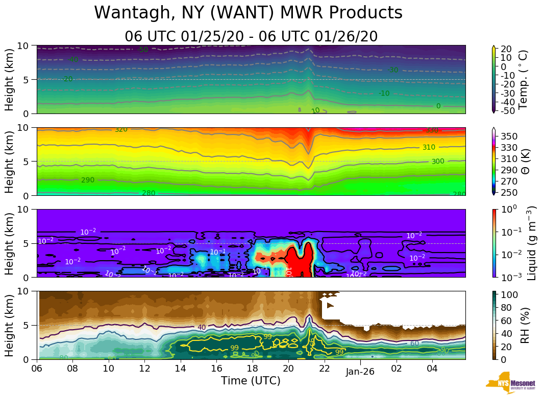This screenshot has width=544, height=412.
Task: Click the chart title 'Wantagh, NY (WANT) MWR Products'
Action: [249, 13]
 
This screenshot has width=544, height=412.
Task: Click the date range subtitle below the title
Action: [251, 36]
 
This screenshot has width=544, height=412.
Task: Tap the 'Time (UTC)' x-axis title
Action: [251, 381]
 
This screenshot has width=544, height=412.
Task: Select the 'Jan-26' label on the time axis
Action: [360, 372]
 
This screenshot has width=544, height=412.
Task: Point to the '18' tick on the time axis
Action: [253, 369]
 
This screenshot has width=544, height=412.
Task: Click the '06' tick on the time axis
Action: [37, 369]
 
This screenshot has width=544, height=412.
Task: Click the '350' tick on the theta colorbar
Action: [511, 136]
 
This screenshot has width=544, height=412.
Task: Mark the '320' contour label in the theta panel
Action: [121, 130]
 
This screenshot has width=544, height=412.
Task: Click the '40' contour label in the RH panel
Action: [202, 328]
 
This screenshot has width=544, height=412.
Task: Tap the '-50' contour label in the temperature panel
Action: [143, 50]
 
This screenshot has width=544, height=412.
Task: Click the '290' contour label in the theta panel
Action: [88, 180]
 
